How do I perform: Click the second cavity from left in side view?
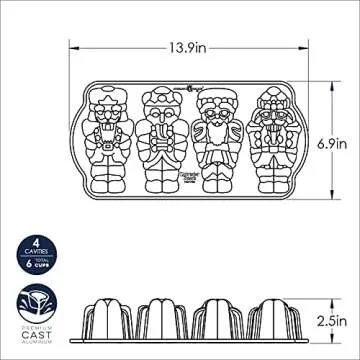pos(169,319)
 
